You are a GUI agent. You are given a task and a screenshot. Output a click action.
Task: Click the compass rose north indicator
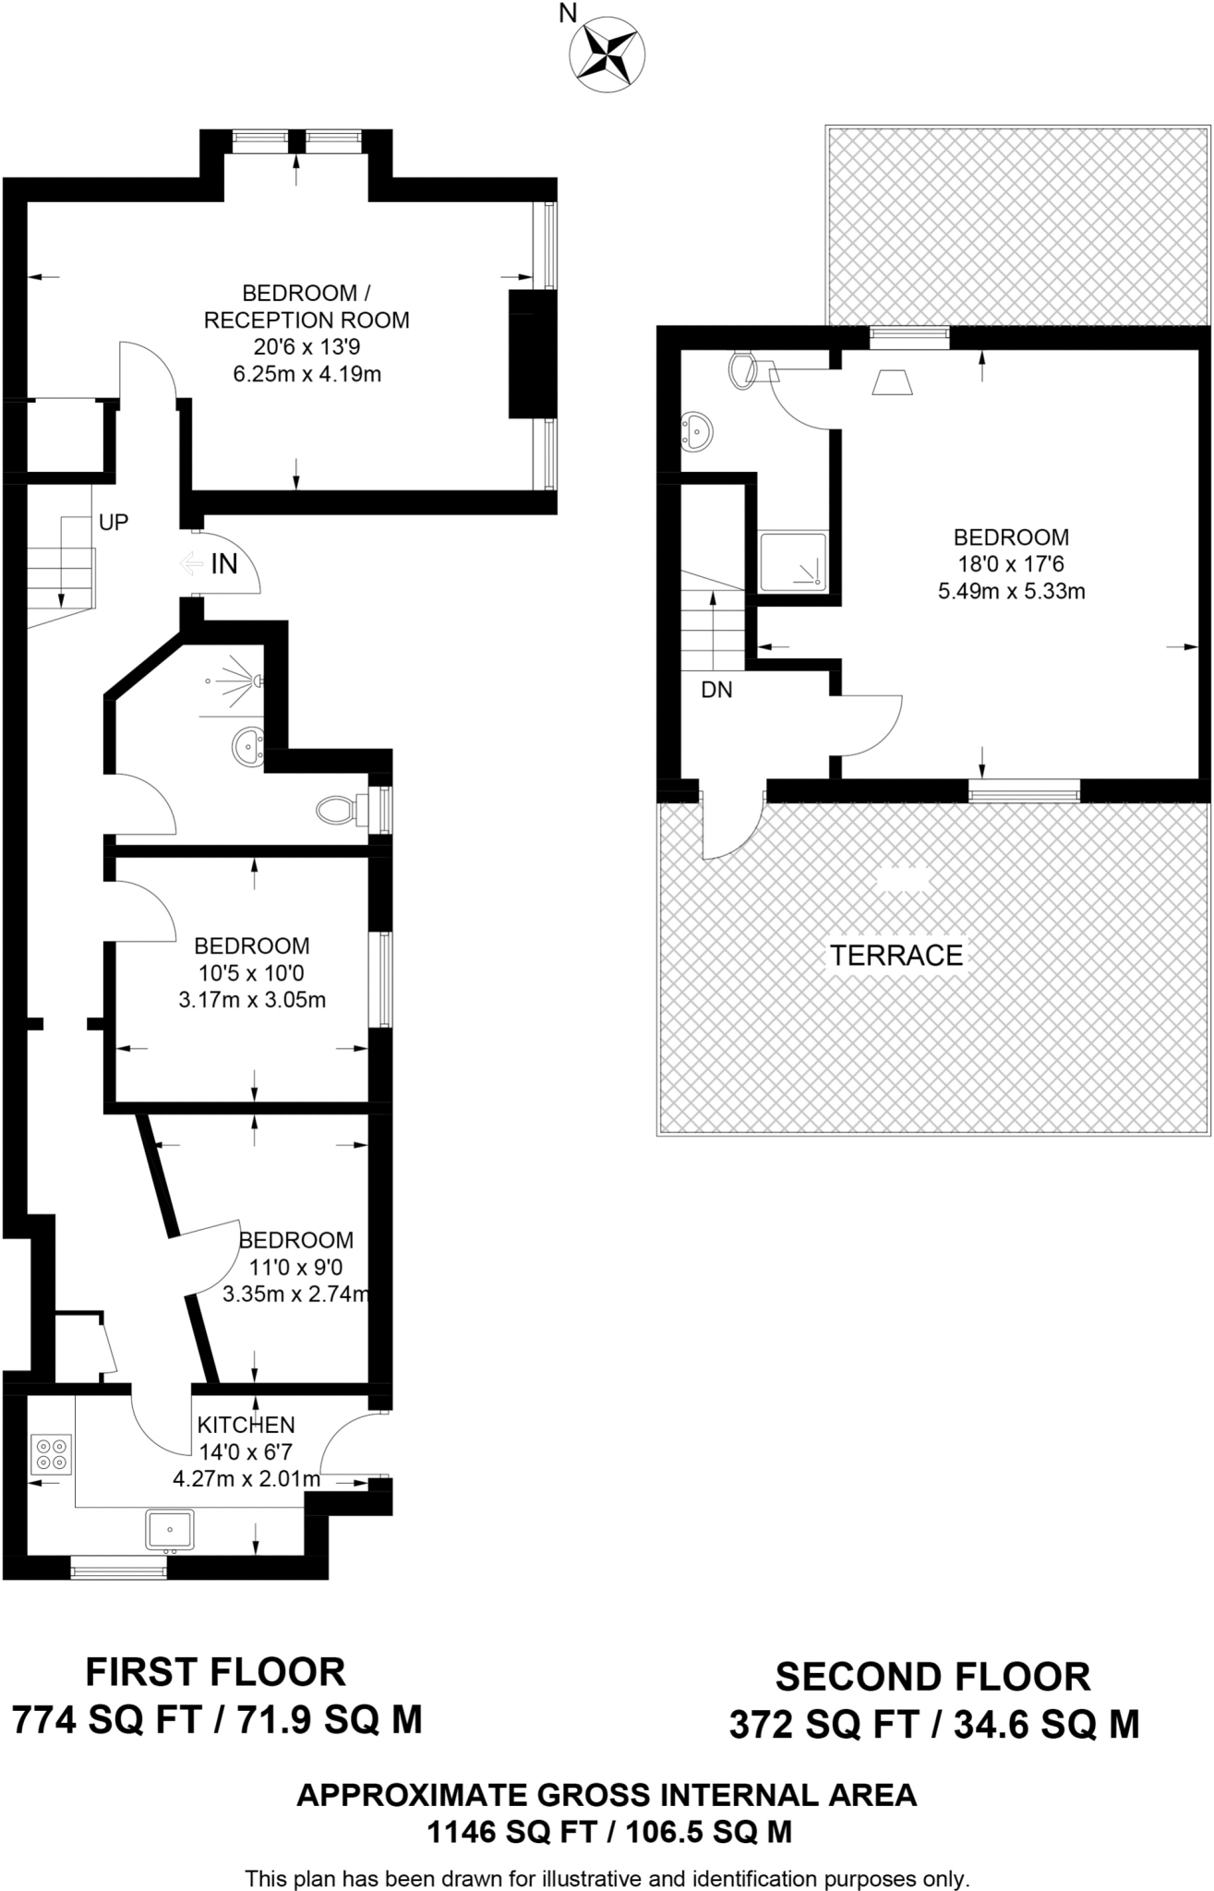(x=607, y=53)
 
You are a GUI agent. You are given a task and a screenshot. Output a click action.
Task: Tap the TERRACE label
(x=895, y=955)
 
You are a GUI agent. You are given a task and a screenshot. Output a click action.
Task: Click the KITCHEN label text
(x=246, y=1425)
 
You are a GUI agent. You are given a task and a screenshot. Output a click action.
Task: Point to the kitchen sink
(x=170, y=1529)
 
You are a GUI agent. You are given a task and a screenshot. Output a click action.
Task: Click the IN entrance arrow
(x=194, y=563)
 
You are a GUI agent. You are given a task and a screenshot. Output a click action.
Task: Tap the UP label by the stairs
(x=113, y=523)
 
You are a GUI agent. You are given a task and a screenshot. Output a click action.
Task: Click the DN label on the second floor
(x=716, y=690)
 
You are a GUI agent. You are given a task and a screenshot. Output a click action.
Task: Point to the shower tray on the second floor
(x=792, y=561)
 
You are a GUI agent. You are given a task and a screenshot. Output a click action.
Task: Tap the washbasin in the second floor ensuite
(x=696, y=431)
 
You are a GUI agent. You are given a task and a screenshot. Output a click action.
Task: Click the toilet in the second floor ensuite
(x=744, y=370)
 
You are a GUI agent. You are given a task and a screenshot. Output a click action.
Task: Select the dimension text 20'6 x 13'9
(x=307, y=347)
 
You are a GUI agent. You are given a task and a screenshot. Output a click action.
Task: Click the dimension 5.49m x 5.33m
(x=1011, y=591)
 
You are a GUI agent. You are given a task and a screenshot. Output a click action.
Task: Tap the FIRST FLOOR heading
(x=215, y=1672)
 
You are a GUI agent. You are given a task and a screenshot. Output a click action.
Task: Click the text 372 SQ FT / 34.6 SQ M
(x=933, y=1724)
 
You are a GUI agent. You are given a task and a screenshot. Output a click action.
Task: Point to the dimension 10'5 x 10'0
(x=251, y=972)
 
